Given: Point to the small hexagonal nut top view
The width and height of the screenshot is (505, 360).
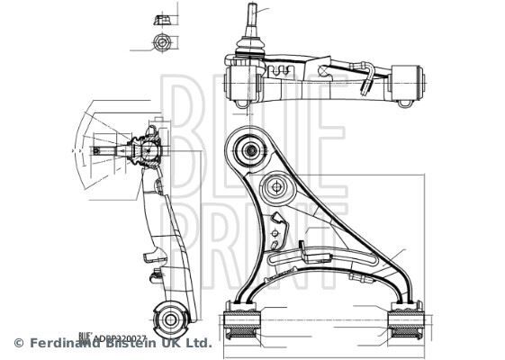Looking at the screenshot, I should tap(162, 42).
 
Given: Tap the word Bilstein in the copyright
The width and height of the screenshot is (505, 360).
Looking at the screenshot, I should tap(137, 344).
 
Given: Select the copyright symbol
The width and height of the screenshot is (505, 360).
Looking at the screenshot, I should tap(18, 344).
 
